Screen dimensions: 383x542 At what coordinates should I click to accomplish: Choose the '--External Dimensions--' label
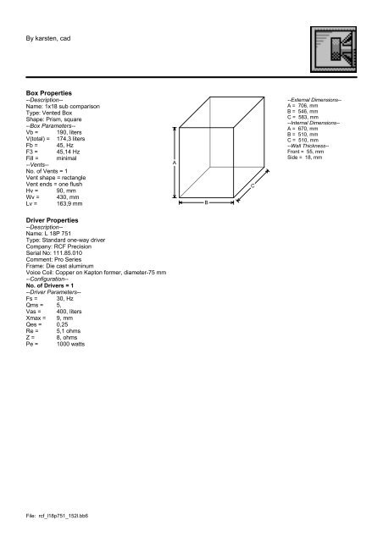tap(314, 101)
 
